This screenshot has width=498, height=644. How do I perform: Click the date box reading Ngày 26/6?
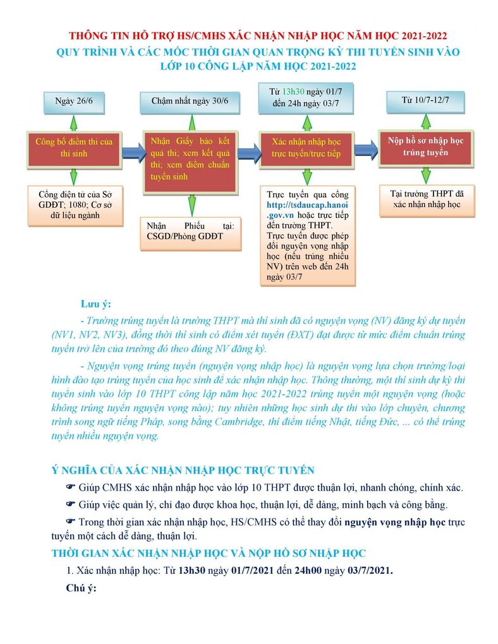[74, 100]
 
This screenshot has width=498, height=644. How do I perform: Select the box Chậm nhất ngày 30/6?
[190, 100]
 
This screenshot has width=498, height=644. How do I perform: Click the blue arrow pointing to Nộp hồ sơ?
[366, 150]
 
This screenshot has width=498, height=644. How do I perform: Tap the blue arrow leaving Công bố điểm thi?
[131, 152]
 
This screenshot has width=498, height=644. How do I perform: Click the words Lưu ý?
[95, 304]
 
